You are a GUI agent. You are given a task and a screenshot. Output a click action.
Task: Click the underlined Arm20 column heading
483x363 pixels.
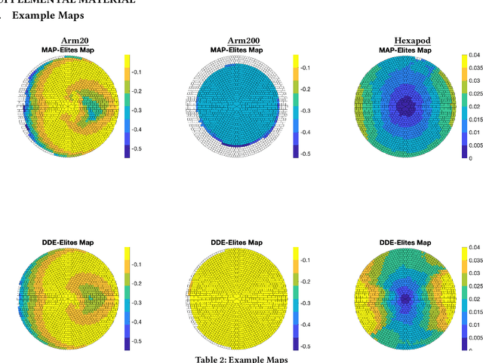click(x=73, y=41)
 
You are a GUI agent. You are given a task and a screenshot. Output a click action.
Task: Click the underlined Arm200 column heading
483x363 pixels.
click(x=241, y=41)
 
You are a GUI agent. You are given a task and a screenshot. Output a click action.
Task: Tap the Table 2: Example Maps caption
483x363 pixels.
click(x=241, y=358)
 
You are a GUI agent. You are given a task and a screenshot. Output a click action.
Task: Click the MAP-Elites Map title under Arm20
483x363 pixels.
click(x=72, y=50)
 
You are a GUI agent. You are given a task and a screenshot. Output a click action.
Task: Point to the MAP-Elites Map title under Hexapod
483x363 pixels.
click(x=405, y=50)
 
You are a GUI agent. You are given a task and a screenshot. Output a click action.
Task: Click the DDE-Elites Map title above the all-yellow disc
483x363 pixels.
click(x=235, y=243)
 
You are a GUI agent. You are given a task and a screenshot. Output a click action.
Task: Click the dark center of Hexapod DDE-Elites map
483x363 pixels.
click(x=406, y=298)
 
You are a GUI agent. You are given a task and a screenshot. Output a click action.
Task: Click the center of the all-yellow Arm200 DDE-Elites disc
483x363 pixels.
click(x=235, y=299)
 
